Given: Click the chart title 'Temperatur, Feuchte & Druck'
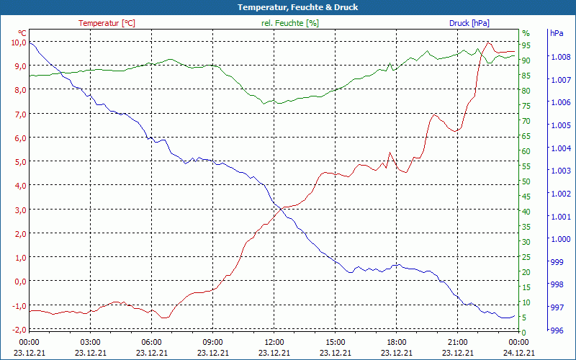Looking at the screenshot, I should coord(288,7).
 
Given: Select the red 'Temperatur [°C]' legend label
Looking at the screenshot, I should coord(107,23).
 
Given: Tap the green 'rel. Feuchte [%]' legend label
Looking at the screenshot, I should coord(289,23).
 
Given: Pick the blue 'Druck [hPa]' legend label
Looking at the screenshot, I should coord(469,23).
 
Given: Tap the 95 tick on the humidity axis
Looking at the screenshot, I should coord(526,45).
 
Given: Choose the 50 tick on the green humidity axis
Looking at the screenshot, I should coord(526,181).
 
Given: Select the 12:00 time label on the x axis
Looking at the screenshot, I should coord(274,341).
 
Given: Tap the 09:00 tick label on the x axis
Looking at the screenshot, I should coord(213,341).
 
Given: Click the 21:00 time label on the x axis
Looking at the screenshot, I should coord(458,341).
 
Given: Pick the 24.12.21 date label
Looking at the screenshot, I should coord(519,352).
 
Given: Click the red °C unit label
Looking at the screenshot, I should coord(22,33).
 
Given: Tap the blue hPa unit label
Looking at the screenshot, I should coord(556,33).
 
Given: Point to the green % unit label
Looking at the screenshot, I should coord(526,33).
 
